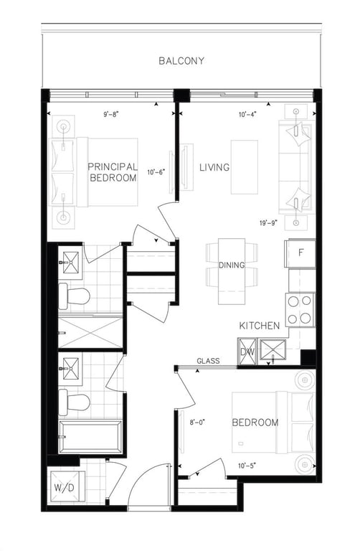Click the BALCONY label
click(x=181, y=61)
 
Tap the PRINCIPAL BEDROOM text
click(x=113, y=172)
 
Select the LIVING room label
click(x=214, y=167)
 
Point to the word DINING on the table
click(x=232, y=265)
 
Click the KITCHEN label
click(x=260, y=326)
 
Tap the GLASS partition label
click(x=208, y=361)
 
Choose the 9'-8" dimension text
click(x=111, y=114)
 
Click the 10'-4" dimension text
click(x=247, y=114)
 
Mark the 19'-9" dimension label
click(x=269, y=222)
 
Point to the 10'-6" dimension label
click(x=156, y=172)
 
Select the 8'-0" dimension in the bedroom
click(x=197, y=423)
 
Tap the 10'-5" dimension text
click(x=247, y=466)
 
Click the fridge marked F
click(x=300, y=253)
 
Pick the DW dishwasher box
click(x=247, y=352)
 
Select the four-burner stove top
click(x=300, y=310)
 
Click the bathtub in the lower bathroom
click(x=90, y=437)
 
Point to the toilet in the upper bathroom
click(x=74, y=296)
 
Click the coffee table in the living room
click(x=245, y=167)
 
